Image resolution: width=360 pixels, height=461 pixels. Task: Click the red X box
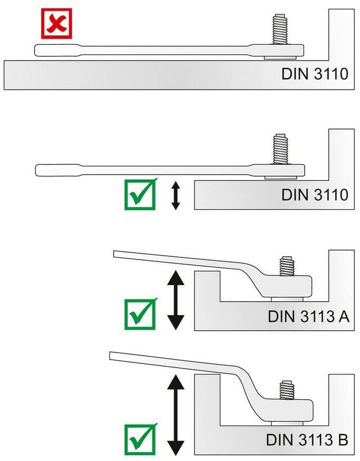tap(56, 24)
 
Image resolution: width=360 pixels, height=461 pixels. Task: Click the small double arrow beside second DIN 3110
tap(176, 196)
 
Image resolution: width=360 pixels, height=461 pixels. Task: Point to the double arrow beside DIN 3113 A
tap(176, 300)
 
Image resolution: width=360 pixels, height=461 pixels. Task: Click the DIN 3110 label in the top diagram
tap(315, 73)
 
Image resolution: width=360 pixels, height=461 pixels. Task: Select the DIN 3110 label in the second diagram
tap(315, 195)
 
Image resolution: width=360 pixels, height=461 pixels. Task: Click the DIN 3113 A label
tap(308, 316)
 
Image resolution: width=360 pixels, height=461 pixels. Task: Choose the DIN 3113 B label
tap(307, 440)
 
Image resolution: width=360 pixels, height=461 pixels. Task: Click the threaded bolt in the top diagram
tap(280, 29)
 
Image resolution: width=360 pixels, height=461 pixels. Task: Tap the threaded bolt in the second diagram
tap(280, 149)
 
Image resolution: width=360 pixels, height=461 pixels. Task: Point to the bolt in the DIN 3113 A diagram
tap(287, 266)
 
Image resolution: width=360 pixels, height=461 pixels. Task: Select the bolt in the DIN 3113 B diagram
tap(287, 390)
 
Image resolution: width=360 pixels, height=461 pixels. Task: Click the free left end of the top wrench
tap(35, 50)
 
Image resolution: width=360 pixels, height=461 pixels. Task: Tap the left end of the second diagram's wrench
tap(36, 170)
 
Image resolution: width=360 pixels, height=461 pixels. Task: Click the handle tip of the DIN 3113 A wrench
tap(114, 254)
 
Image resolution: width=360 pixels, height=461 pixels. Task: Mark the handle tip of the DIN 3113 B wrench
tap(110, 356)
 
